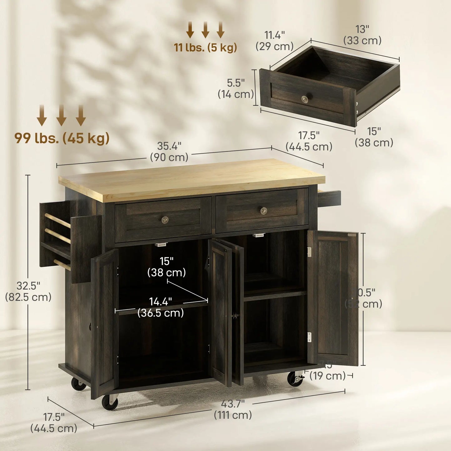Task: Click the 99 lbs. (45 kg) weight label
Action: tap(62, 138)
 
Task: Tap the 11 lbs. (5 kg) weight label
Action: tap(205, 48)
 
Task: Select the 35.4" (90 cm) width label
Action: tap(169, 152)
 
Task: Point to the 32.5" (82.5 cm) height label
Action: tap(28, 291)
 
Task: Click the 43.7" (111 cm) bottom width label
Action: tap(233, 409)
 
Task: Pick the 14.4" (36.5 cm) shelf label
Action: tap(160, 307)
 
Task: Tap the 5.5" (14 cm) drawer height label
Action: tap(236, 89)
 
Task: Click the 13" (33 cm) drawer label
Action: tap(362, 35)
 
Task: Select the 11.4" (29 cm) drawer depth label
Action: tap(275, 41)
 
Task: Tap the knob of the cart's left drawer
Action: tap(165, 220)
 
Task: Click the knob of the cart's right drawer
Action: tap(264, 211)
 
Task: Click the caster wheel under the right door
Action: tap(295, 379)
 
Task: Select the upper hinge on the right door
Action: tap(309, 252)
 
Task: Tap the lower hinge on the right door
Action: tap(309, 337)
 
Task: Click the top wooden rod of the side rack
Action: tap(58, 221)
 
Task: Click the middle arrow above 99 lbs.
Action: tap(61, 115)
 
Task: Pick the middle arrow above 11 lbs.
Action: tap(205, 30)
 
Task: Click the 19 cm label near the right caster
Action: tap(327, 376)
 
